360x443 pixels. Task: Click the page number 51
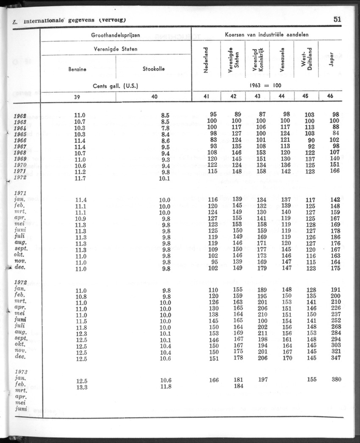tap(337, 19)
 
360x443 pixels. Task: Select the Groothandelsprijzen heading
tap(116, 35)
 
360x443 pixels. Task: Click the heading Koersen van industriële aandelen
tap(266, 35)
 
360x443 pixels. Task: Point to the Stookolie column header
tap(154, 69)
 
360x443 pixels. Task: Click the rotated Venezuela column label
tap(282, 60)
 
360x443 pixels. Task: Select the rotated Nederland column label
tap(206, 60)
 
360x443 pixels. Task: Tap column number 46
tap(330, 96)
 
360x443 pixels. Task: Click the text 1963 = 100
tap(266, 85)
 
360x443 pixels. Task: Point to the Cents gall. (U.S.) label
tap(116, 85)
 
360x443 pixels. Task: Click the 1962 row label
tap(20, 115)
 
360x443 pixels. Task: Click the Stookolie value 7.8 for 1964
tap(165, 127)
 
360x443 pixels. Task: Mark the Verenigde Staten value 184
tap(238, 386)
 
